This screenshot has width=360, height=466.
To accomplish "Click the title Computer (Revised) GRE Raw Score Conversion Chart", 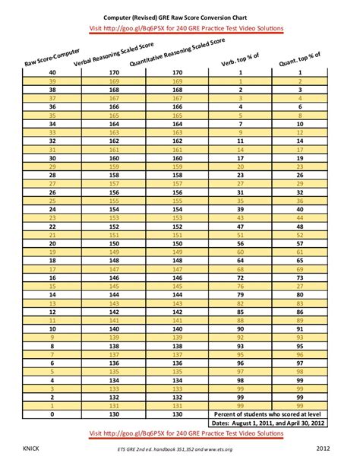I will tap(179, 15).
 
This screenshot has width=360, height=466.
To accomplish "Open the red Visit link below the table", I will tap(179, 432).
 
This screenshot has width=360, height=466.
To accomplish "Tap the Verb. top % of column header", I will tap(240, 61).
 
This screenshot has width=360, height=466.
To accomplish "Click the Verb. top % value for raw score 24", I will tap(240, 208).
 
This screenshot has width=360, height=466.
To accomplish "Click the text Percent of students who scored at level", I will tap(270, 414).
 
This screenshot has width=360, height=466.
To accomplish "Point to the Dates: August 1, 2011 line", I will tap(270, 423).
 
